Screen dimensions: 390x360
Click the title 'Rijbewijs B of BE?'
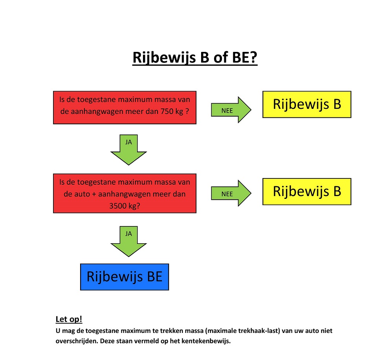pyautogui.click(x=195, y=58)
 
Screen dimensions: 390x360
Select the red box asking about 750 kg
pyautogui.click(x=125, y=108)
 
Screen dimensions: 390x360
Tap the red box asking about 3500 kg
pyautogui.click(x=125, y=193)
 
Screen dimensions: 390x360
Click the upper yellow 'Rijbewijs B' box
pyautogui.click(x=307, y=104)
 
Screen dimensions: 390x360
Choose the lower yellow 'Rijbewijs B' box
pyautogui.click(x=307, y=191)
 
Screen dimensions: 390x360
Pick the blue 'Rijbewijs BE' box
pyautogui.click(x=125, y=277)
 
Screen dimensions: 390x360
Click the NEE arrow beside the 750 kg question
pyautogui.click(x=231, y=110)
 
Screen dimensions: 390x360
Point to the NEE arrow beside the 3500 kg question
pyautogui.click(x=231, y=193)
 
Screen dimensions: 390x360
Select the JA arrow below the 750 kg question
pyautogui.click(x=128, y=150)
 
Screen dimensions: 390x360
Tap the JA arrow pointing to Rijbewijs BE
pyautogui.click(x=128, y=241)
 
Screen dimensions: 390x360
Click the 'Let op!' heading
pyautogui.click(x=69, y=319)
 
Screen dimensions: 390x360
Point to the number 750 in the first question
pyautogui.click(x=167, y=111)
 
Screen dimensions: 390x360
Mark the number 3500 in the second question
pyautogui.click(x=118, y=206)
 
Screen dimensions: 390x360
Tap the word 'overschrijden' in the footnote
pyautogui.click(x=77, y=341)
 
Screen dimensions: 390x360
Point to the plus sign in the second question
pyautogui.click(x=94, y=194)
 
